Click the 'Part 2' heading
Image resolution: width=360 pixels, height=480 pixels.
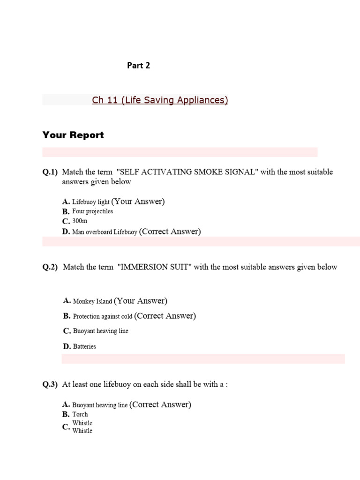tap(138, 66)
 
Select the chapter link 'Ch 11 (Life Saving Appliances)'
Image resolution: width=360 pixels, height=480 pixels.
tap(160, 100)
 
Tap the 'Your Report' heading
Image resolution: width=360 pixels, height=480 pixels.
tap(73, 135)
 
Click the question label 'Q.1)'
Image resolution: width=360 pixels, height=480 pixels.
tap(50, 172)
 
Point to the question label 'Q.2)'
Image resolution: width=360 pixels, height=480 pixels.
tap(50, 267)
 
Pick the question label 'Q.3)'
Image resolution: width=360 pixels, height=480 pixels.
tap(50, 384)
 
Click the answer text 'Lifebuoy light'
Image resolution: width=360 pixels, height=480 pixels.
tap(91, 202)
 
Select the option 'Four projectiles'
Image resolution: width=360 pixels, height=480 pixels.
tap(92, 211)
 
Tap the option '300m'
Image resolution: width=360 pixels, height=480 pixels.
tap(80, 221)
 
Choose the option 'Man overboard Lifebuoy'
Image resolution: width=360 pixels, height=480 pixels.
tap(105, 232)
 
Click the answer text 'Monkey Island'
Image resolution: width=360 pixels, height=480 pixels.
tap(92, 301)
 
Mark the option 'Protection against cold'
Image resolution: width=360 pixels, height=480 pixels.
tap(103, 316)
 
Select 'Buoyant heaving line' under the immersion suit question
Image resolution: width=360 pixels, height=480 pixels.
tap(100, 331)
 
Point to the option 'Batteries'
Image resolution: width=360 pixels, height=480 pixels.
tap(84, 346)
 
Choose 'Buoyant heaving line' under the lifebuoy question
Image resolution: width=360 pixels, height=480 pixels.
tap(100, 405)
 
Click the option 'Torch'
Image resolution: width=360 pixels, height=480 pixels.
tap(80, 414)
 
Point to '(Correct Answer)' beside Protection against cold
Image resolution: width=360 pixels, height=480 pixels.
tap(165, 316)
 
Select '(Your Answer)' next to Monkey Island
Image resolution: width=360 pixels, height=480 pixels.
tap(141, 301)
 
